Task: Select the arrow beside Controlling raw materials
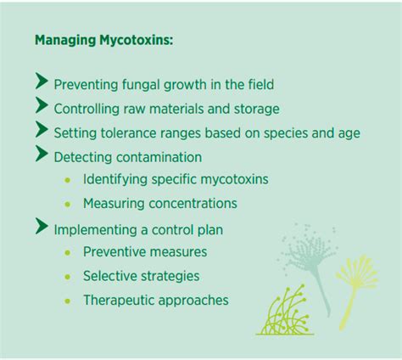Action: click(42, 106)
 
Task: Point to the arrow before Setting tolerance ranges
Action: click(42, 130)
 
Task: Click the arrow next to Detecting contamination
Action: click(42, 155)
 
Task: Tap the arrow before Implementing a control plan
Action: click(42, 227)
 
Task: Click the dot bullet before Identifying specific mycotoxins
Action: click(68, 180)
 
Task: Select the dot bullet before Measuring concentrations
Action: click(68, 204)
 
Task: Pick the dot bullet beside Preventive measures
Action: click(68, 252)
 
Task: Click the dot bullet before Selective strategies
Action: click(68, 277)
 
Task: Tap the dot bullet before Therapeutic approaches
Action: click(68, 301)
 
